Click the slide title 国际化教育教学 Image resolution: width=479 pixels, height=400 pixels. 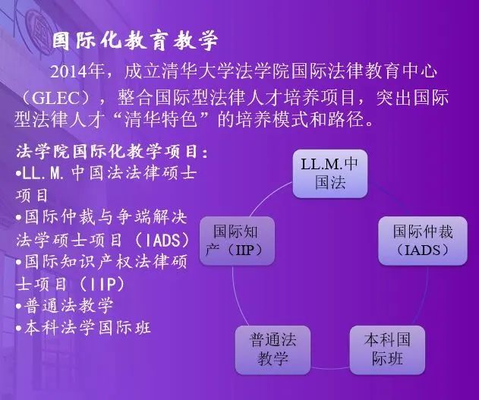pos(134,41)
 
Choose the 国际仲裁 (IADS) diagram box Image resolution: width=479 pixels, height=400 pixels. pos(424,240)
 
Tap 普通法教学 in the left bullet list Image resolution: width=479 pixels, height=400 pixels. pos(69,306)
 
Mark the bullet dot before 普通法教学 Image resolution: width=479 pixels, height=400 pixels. pos(18,307)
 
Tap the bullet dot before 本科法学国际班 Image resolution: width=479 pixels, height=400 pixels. pos(18,329)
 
